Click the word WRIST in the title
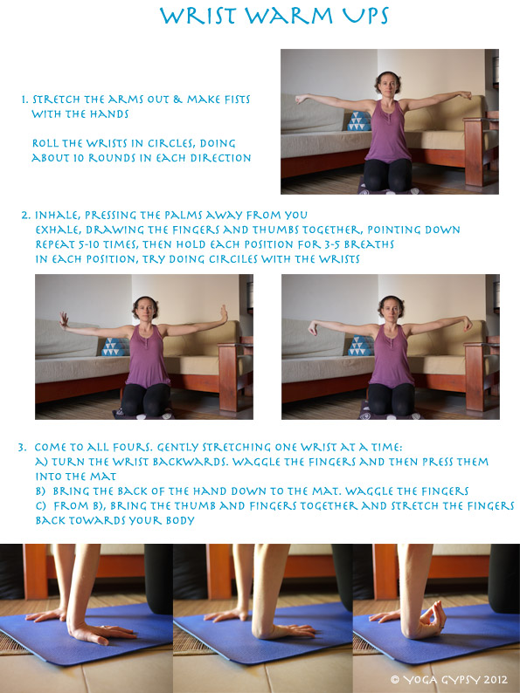[204, 17]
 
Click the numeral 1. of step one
[24, 100]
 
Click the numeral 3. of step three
[22, 447]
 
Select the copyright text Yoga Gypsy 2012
[453, 676]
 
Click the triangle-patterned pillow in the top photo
[357, 121]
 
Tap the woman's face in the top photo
[387, 86]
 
